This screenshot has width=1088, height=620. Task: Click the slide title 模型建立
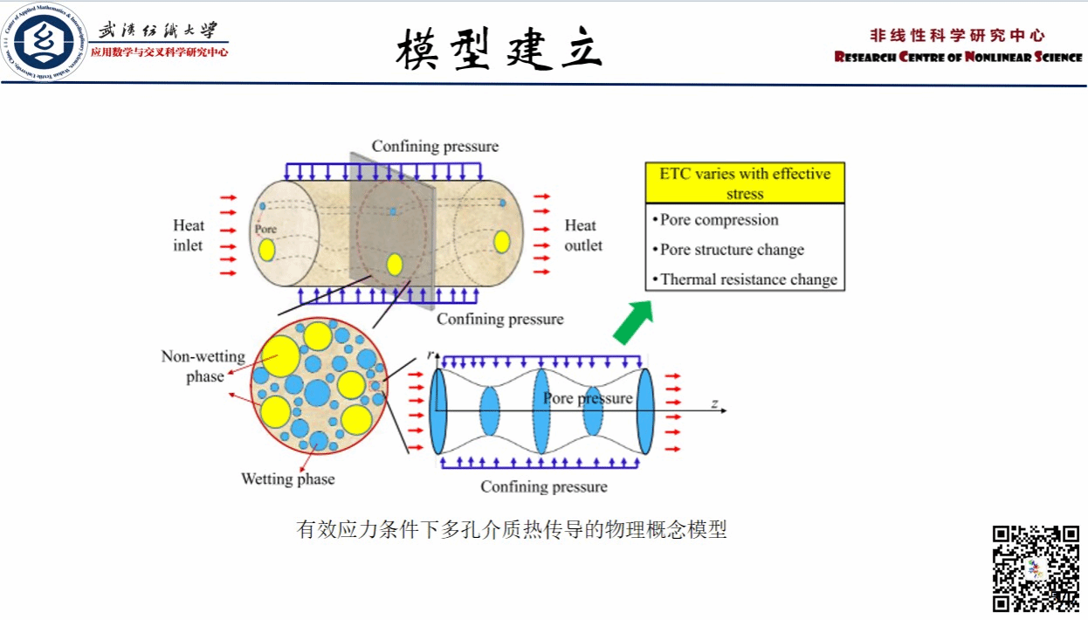[499, 48]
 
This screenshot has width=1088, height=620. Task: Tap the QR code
[1036, 568]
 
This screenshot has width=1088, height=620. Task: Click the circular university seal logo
[45, 41]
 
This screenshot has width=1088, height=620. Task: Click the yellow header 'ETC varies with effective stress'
[745, 183]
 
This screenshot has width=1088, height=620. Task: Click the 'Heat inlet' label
[188, 236]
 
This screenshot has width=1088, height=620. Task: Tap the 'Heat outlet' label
[582, 236]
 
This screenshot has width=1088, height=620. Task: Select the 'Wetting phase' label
[287, 479]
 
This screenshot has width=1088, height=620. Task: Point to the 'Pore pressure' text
[588, 398]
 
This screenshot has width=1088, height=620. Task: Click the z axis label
[713, 403]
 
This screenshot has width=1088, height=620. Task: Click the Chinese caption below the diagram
[512, 530]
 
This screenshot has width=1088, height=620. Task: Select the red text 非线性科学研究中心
[957, 36]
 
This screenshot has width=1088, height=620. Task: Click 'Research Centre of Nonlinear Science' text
[958, 58]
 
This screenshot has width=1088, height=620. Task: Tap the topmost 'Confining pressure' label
[435, 146]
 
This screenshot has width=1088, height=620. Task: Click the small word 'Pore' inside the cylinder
[265, 230]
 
